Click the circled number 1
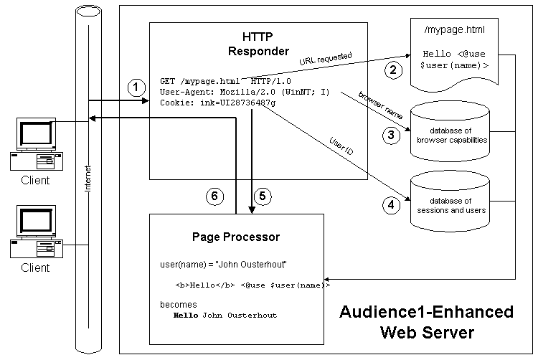coord(133,87)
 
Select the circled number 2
coord(392,70)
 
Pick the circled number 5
coord(263,195)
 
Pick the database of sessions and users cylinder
coord(449,200)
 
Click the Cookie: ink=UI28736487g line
coord(218,103)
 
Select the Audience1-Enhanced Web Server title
coord(426,321)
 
